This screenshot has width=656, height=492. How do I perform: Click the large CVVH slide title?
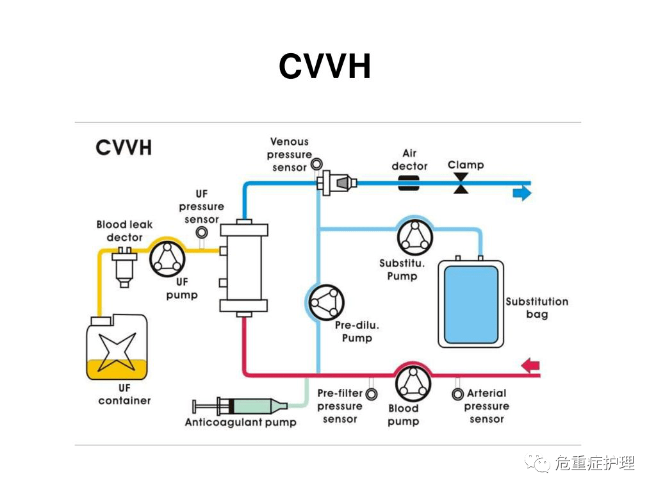click(x=325, y=66)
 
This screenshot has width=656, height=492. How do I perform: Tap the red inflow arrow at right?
click(x=530, y=366)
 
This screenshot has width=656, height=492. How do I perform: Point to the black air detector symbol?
click(x=409, y=183)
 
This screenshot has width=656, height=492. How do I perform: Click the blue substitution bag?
click(x=470, y=303)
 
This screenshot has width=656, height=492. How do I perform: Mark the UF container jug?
click(x=116, y=346)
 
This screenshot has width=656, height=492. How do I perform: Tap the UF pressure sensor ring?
click(x=202, y=232)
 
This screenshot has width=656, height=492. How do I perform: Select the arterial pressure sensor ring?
click(x=457, y=393)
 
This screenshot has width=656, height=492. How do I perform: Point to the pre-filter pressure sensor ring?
click(x=371, y=393)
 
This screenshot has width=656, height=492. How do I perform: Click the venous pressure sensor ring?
click(x=316, y=164)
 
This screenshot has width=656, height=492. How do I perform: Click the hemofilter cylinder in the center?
click(x=243, y=267)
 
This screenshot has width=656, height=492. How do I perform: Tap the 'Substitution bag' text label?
click(x=537, y=307)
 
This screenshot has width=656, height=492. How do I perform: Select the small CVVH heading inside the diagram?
click(x=124, y=147)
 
